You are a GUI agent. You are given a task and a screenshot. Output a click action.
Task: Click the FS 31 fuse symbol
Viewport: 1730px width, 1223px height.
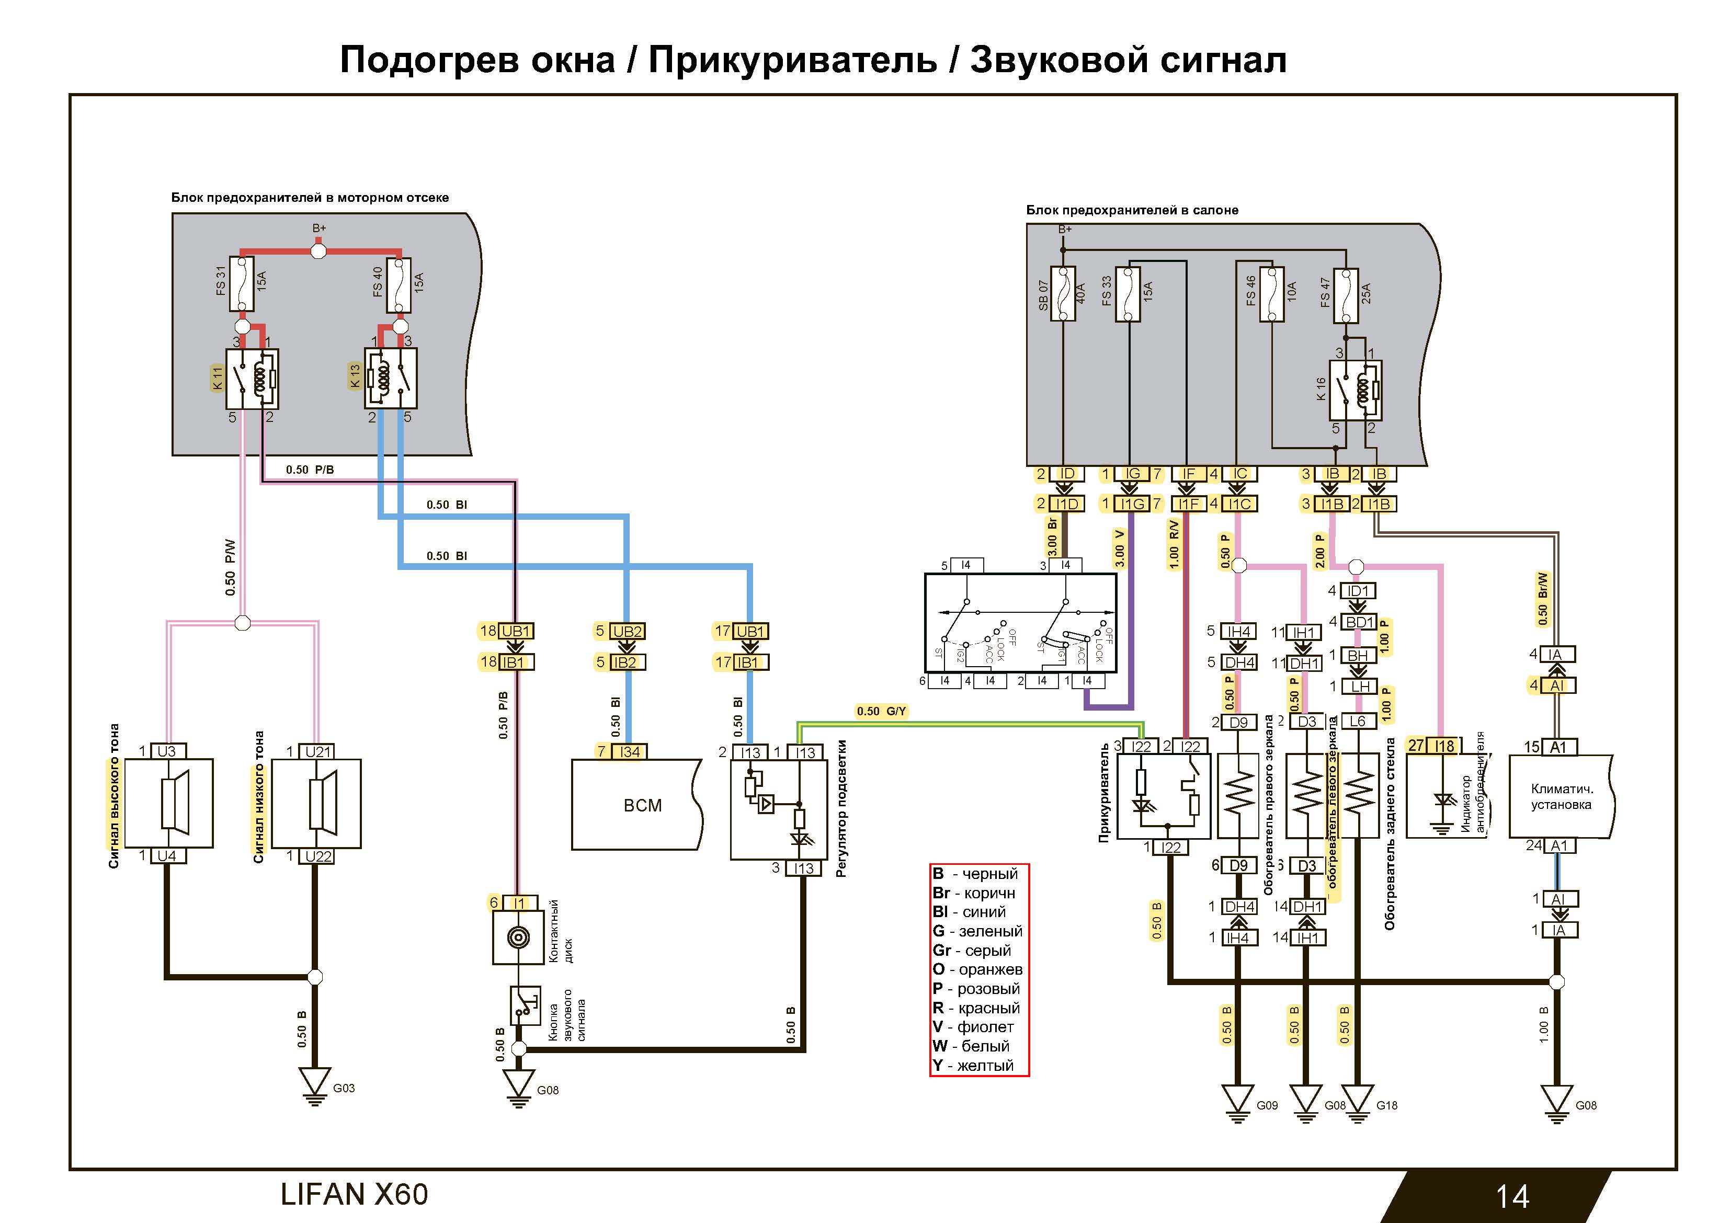point(242,284)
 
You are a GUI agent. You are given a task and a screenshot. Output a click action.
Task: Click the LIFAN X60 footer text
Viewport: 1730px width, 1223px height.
point(354,1194)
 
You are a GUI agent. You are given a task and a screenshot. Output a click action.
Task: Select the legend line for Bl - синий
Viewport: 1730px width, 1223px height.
point(969,912)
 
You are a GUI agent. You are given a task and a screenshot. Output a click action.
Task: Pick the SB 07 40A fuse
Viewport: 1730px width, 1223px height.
point(1062,294)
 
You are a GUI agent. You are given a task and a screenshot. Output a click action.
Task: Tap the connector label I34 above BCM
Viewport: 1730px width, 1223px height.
point(629,751)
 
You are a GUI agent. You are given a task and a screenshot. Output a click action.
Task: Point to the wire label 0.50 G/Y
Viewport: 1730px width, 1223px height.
point(881,711)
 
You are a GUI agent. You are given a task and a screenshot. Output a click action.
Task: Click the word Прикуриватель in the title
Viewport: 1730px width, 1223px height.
point(793,60)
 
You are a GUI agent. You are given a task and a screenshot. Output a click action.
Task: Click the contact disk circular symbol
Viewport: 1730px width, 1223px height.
point(518,938)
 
